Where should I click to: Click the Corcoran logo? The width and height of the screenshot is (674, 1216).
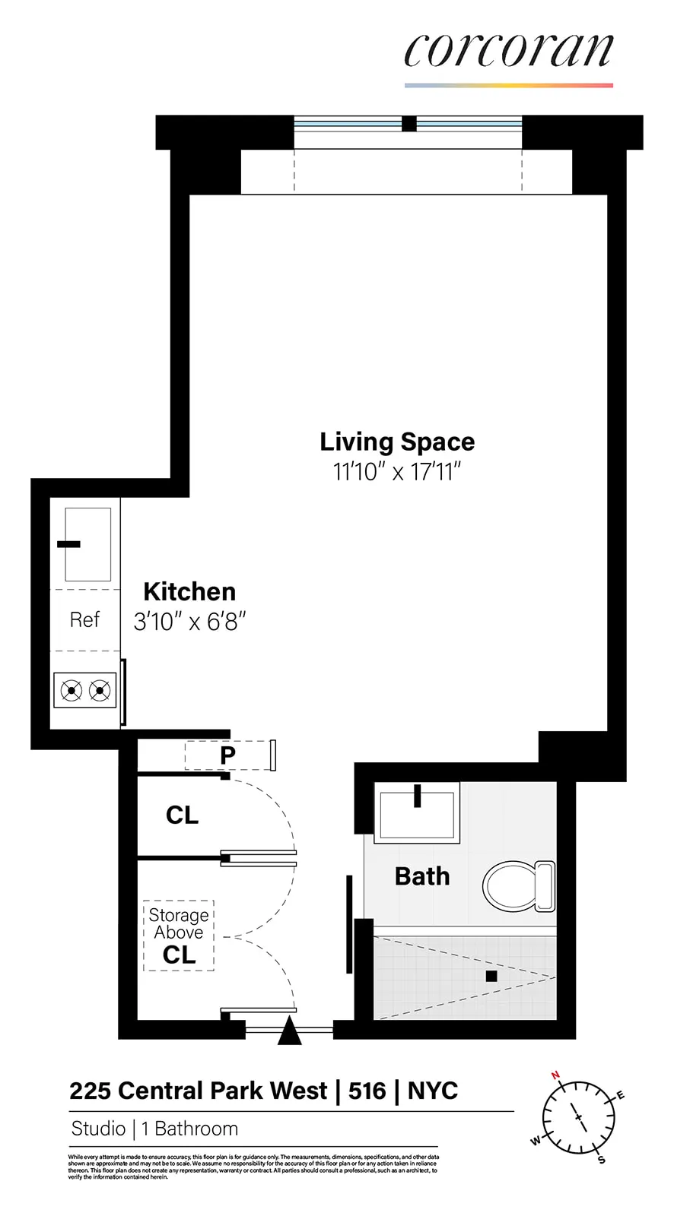[508, 52]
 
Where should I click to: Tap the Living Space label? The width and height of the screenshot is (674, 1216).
[397, 442]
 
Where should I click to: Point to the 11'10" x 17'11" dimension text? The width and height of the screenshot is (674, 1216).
[397, 472]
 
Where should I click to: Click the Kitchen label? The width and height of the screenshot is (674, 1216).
[189, 591]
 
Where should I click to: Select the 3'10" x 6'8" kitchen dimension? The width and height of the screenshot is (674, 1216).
[189, 622]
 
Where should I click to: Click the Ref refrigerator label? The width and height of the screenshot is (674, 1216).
[84, 620]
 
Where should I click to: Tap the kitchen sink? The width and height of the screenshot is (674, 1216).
[88, 544]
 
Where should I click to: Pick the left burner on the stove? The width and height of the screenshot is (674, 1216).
[72, 691]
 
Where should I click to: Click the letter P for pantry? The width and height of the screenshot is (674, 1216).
[227, 755]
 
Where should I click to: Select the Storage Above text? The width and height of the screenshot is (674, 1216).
[179, 923]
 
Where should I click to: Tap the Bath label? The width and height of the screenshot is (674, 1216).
[422, 876]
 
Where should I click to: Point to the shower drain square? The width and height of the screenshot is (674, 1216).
[491, 976]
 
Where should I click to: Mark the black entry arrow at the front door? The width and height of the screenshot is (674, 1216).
[289, 1032]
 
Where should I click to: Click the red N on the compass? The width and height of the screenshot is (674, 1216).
[555, 1075]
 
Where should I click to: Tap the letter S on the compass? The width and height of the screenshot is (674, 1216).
[602, 1160]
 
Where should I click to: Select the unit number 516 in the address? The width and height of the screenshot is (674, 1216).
[367, 1091]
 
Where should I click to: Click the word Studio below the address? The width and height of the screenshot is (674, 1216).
[98, 1129]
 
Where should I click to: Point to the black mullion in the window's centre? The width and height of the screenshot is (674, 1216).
[409, 123]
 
